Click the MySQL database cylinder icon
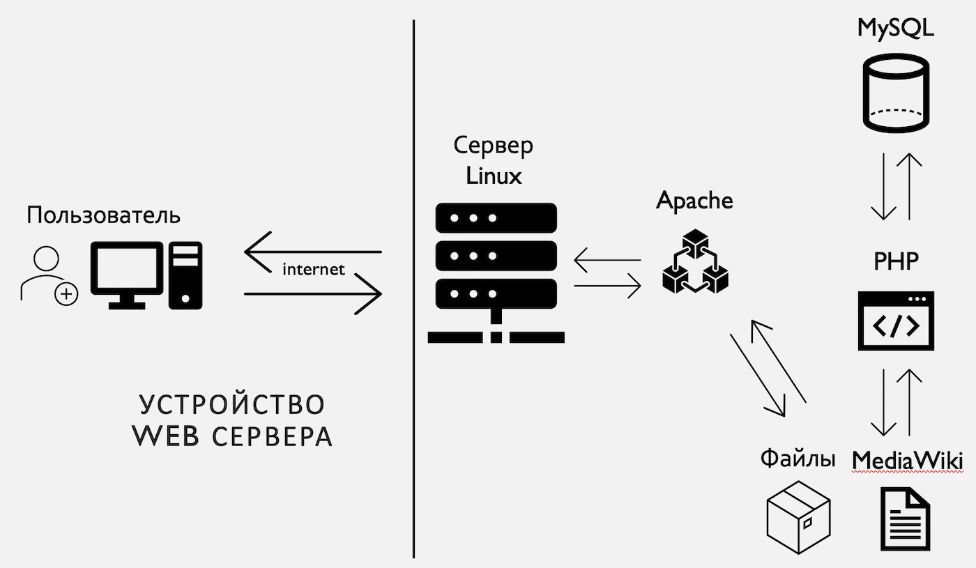pos(895,95)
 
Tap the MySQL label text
pos(895,29)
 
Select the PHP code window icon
pos(896,321)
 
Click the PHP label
pos(896,262)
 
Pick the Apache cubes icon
pos(694,262)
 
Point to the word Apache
pos(694,201)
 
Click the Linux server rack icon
pos(496,273)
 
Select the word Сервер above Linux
pos(494,146)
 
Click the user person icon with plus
pos(48,275)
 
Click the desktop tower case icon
pos(185,275)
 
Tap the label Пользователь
pos(103,215)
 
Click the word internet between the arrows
pos(313,269)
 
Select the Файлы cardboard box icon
pos(798,516)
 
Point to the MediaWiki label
pos(907,461)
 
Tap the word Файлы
pos(798,459)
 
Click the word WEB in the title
pos(167,436)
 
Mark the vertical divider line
pos(413,348)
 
